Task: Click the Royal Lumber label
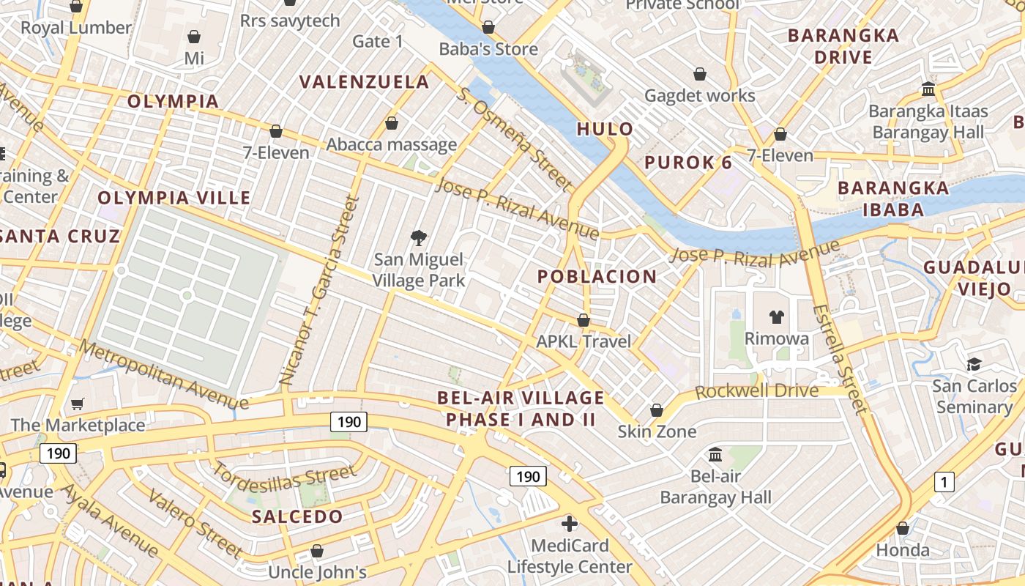click(x=76, y=28)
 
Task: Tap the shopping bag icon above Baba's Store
click(x=488, y=27)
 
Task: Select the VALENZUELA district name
click(x=365, y=81)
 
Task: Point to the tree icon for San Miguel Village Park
click(x=419, y=237)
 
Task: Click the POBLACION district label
click(x=597, y=277)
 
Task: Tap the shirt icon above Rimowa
click(x=776, y=317)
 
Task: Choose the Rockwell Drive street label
click(x=756, y=390)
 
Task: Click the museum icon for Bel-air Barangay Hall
click(x=715, y=455)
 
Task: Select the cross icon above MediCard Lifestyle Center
click(x=570, y=524)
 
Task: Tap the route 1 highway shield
click(x=944, y=482)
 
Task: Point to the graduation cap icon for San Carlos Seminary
click(x=974, y=364)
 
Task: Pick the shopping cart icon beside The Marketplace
click(x=78, y=404)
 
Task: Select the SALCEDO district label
click(x=297, y=516)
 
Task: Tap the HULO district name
click(x=605, y=129)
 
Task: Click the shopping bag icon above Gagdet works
click(x=700, y=74)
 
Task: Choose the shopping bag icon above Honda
click(x=903, y=528)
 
